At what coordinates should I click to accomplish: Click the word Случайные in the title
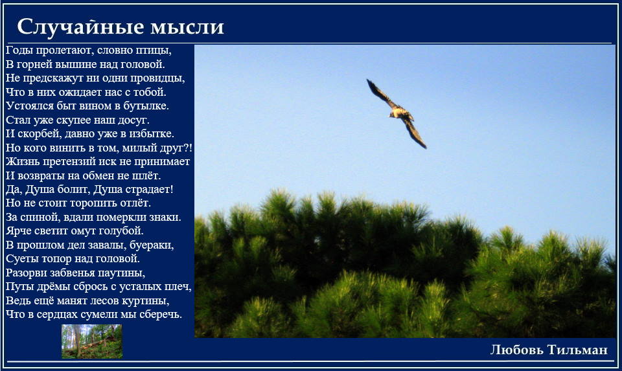point(80,27)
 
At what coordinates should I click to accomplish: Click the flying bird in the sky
point(397,114)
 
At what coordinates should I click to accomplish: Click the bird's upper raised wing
point(380,93)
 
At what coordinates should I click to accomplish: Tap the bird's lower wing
point(415,133)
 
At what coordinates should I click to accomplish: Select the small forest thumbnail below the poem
point(91,341)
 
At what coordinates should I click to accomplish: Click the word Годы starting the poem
point(19,51)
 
